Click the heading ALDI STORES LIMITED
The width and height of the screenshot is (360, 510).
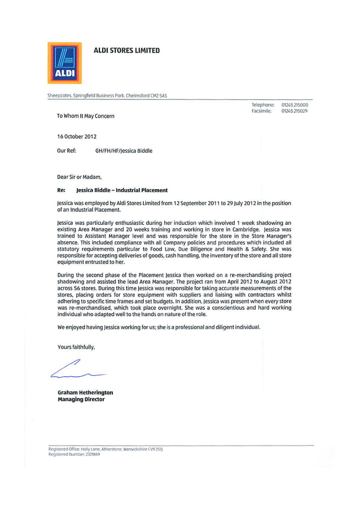[126, 50]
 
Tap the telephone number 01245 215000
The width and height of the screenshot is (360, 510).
[295, 105]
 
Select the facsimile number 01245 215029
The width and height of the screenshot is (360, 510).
[295, 111]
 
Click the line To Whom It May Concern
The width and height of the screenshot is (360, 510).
[85, 116]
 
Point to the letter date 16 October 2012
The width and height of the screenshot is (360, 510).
[77, 137]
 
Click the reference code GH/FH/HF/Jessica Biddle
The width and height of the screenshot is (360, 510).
[124, 151]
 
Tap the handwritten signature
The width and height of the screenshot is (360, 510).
[76, 370]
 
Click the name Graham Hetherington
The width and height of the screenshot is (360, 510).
[85, 393]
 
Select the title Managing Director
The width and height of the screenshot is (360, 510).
[81, 399]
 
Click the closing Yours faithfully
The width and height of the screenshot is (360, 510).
[76, 347]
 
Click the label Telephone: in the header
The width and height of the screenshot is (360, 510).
[263, 105]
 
